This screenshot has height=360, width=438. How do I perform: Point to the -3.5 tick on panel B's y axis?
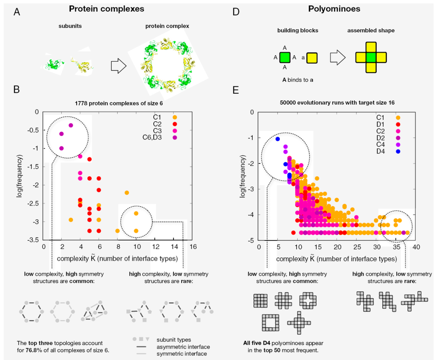[33, 240]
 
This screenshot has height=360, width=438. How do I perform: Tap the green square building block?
[285, 57]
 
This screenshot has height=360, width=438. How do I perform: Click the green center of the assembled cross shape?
[371, 57]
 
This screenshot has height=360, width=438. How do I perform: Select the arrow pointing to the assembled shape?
[337, 57]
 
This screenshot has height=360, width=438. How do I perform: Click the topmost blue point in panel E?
[278, 139]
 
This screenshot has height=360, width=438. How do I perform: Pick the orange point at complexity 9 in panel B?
[127, 193]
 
